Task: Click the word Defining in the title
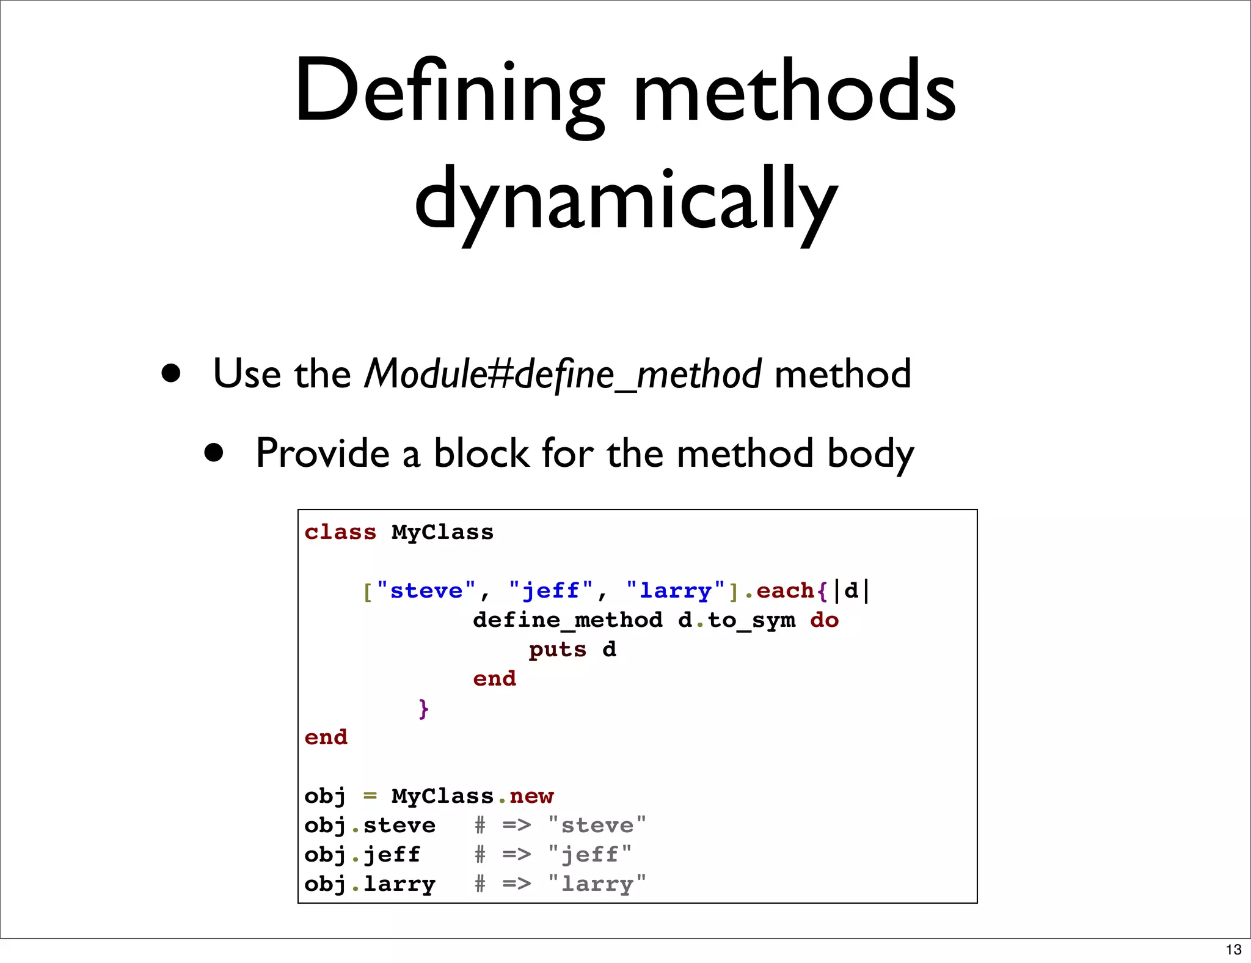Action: coord(449,92)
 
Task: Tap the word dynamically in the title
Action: coord(625,199)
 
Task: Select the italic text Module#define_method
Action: coord(562,374)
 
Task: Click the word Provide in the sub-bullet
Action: coord(323,453)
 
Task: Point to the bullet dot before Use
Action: coord(171,373)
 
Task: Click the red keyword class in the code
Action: coord(340,532)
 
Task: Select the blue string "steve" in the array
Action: coord(426,591)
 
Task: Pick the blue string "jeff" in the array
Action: coord(550,591)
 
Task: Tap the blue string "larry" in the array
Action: coord(675,591)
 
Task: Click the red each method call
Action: coord(785,591)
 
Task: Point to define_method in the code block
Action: coord(567,620)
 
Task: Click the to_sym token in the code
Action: coord(751,620)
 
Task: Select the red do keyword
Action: coord(824,620)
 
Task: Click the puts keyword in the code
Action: coord(557,650)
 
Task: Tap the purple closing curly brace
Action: coord(424,708)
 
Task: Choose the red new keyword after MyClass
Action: coord(531,796)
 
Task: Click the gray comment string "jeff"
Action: coord(589,855)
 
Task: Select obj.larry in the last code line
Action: coord(370,884)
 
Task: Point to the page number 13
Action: coord(1233,950)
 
